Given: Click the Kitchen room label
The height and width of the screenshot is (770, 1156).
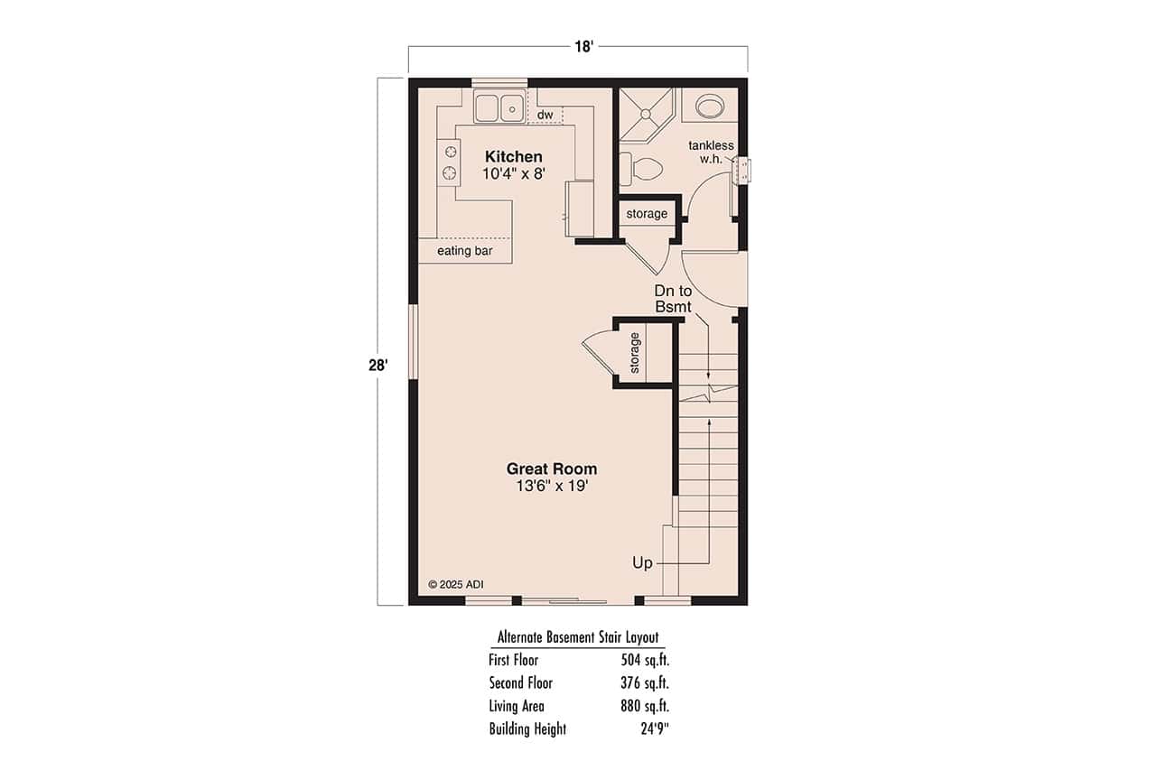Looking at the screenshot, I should (513, 156).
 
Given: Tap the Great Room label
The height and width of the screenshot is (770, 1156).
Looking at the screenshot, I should (551, 468).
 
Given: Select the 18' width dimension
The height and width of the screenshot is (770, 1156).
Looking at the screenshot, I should (583, 47).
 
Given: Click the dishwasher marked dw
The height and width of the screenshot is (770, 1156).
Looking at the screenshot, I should (545, 115).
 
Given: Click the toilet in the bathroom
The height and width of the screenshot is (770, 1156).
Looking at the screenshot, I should (643, 168).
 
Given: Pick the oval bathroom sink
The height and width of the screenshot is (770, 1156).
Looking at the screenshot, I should (710, 107).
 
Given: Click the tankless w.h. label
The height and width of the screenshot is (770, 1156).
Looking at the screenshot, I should (711, 153).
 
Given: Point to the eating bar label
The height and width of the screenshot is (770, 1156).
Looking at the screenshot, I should (464, 250).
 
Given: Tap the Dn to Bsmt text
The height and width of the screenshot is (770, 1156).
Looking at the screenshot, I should (673, 299).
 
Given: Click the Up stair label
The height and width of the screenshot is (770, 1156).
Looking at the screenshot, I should (642, 563).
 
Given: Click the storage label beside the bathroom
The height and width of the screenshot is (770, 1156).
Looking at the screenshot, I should (647, 214).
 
